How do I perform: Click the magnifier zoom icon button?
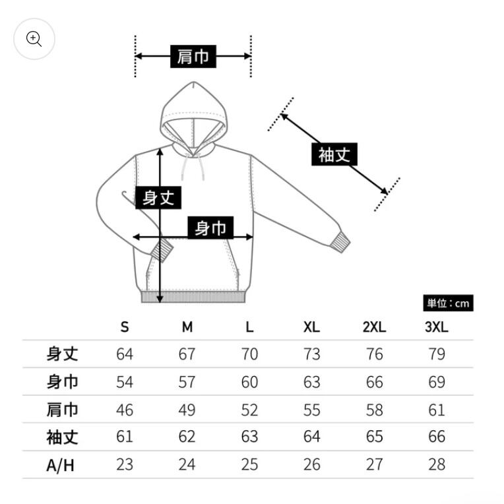point(34,39)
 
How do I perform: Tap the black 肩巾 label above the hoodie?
point(193,56)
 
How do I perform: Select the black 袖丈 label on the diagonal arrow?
point(334,154)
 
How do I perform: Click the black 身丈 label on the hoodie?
point(158,197)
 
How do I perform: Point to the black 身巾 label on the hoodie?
point(210,228)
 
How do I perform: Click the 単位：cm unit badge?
point(448,303)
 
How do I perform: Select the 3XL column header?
point(437,327)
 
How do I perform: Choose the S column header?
point(125,327)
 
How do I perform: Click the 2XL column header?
point(374,327)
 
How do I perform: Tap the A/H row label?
point(60,465)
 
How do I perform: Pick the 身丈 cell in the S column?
point(125,354)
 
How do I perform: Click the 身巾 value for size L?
point(249,382)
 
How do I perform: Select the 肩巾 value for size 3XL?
point(437,410)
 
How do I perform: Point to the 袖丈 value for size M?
point(187,437)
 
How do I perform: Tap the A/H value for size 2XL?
point(374,464)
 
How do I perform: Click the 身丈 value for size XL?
point(311,354)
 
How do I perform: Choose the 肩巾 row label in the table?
point(62,410)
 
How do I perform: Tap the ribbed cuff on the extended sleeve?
point(340,242)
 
